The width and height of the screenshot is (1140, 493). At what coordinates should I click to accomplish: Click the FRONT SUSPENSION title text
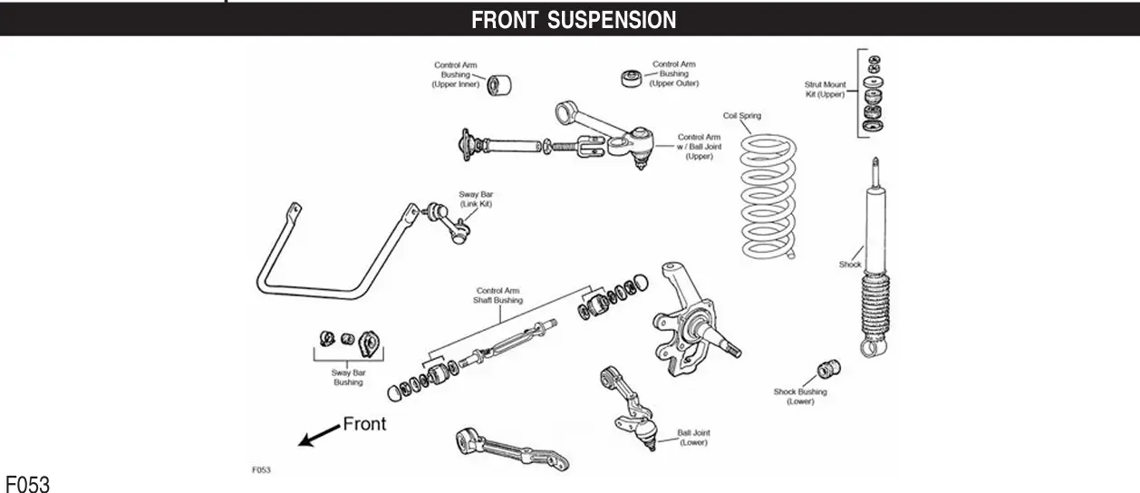tap(573, 20)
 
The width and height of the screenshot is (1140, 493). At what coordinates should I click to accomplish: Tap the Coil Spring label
tap(741, 116)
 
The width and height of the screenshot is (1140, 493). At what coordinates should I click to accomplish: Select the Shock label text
tap(850, 265)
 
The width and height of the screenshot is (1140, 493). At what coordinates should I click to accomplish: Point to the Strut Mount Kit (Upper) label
tap(825, 90)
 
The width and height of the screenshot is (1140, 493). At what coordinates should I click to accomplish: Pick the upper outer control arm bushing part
tap(629, 78)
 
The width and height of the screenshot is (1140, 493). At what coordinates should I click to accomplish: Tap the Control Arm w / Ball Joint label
tap(698, 147)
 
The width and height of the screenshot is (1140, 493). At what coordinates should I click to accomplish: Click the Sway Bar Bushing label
tap(347, 377)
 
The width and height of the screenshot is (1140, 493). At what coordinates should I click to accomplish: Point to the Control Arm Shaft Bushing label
tap(498, 295)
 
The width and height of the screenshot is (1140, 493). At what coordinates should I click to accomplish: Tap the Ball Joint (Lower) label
tap(692, 438)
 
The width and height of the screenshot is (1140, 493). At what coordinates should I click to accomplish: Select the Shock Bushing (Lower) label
tap(799, 397)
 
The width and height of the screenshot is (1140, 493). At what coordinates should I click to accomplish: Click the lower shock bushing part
tap(828, 370)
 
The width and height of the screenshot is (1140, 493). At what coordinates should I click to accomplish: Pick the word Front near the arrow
tap(363, 424)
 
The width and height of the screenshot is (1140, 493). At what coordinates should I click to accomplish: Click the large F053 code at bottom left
tap(27, 483)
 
